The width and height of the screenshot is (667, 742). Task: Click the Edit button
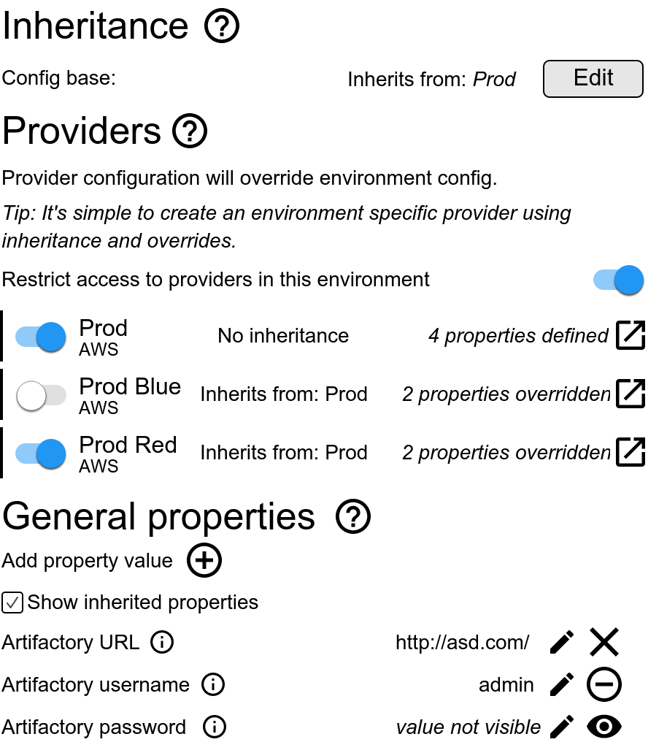coord(593,79)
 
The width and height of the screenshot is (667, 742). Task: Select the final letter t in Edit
coord(609,77)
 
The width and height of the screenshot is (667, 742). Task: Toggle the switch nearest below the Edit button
coord(618,280)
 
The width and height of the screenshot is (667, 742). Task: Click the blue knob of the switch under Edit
coord(629,280)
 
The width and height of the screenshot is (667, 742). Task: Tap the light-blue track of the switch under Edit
coord(602,280)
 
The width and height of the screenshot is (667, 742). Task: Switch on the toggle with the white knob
coord(41,395)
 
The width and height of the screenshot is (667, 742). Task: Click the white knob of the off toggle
coord(31,396)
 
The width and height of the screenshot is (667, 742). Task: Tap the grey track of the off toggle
coord(57,395)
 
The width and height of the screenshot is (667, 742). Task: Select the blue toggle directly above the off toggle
coord(40,337)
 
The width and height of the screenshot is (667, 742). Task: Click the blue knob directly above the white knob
coord(51,337)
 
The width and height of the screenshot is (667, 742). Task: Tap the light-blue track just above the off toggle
coord(24,337)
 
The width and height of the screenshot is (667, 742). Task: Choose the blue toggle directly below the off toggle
coord(40,454)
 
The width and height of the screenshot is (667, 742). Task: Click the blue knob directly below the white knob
coord(51,454)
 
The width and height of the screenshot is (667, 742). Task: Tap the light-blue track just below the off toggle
coord(24,454)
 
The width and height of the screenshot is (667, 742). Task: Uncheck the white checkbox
coord(12,603)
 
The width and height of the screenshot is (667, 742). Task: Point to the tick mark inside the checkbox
coord(12,603)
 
